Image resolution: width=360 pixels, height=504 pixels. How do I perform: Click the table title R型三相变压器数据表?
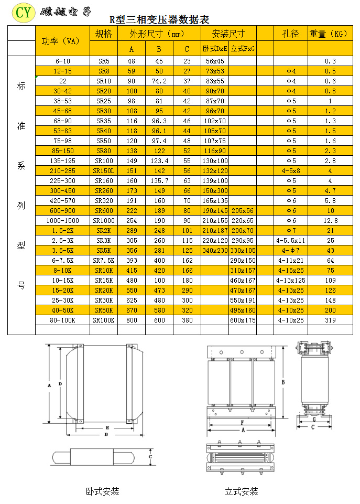(159, 20)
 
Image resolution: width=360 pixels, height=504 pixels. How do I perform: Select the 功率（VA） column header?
(62, 41)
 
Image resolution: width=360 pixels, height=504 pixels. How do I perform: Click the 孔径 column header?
(290, 34)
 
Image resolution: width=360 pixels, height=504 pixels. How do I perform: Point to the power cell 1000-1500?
(62, 221)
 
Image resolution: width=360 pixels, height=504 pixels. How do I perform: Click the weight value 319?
(330, 320)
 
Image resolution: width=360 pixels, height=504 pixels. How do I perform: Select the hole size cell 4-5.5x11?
(290, 241)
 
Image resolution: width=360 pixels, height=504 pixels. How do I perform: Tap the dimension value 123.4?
(159, 161)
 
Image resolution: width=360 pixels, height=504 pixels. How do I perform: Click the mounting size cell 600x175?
(243, 320)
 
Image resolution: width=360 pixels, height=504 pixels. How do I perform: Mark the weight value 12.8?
(330, 221)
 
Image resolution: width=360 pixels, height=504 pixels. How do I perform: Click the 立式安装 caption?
(241, 491)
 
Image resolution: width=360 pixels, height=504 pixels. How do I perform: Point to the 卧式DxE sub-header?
(215, 49)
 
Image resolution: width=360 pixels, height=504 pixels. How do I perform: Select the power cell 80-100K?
(62, 320)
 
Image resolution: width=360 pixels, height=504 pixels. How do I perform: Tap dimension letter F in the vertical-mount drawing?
(242, 422)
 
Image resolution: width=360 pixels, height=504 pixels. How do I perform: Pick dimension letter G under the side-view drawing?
(313, 420)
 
